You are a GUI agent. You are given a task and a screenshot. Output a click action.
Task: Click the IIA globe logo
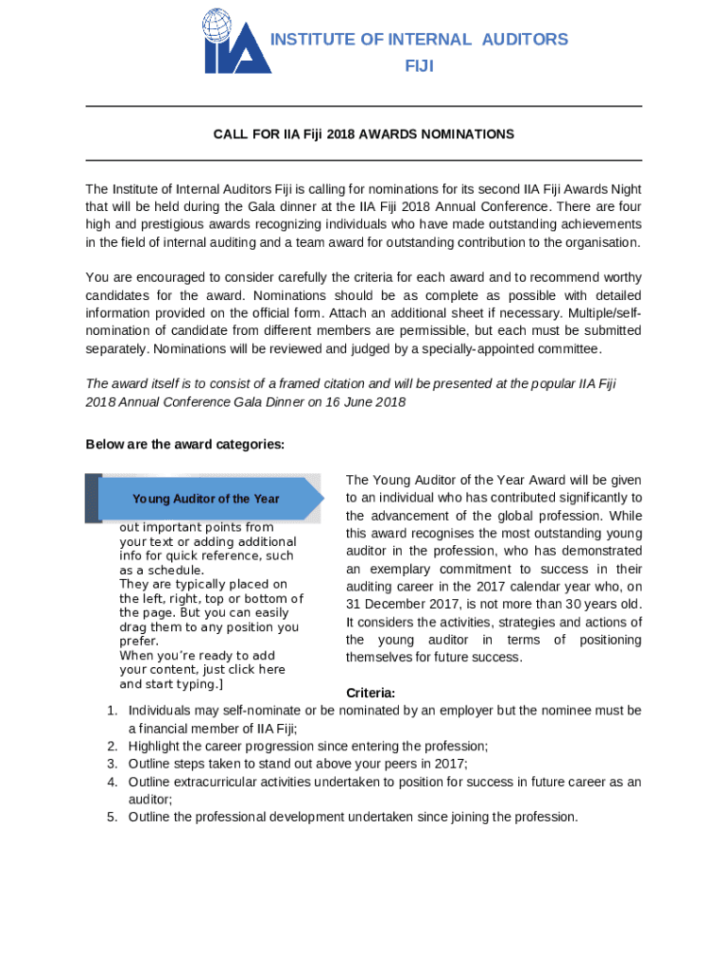click(236, 42)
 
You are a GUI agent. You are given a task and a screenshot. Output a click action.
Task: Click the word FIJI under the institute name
click(419, 66)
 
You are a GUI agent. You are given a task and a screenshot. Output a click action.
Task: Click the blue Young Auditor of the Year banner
click(208, 499)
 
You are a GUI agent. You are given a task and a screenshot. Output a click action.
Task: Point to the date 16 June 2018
click(363, 401)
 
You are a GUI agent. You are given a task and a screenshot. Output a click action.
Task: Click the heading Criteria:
click(371, 693)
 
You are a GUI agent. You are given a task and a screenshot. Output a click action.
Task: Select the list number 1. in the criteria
click(111, 711)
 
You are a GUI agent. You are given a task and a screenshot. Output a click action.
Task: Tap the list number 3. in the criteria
click(111, 764)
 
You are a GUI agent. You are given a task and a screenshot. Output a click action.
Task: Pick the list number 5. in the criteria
click(111, 817)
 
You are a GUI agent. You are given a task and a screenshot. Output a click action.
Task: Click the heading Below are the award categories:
click(185, 445)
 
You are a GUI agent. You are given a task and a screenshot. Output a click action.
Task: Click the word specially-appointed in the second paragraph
click(542, 348)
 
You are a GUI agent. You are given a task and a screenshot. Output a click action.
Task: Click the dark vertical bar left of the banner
click(93, 499)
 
